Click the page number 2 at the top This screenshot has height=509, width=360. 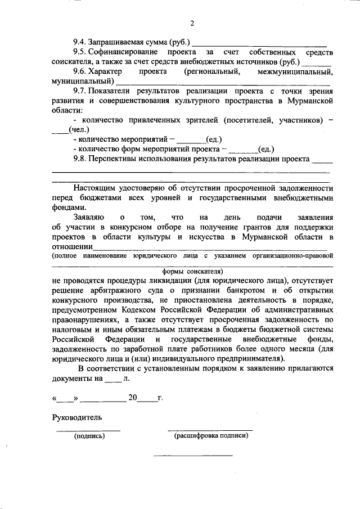192,23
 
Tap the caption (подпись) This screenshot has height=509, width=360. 87,436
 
